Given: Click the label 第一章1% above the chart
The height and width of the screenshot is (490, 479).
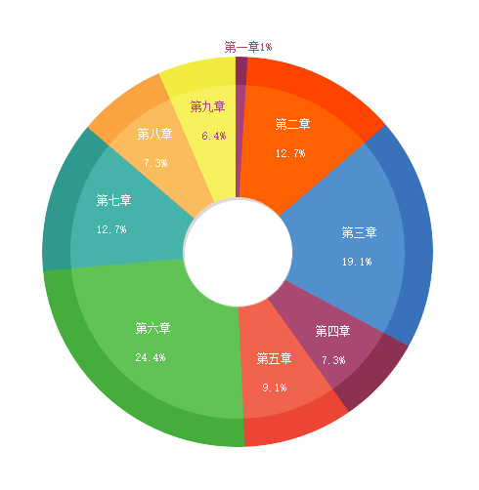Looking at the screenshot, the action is [248, 47].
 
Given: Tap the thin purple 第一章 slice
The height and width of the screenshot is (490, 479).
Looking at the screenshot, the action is [240, 127].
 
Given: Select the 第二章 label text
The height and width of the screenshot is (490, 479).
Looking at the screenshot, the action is [292, 124].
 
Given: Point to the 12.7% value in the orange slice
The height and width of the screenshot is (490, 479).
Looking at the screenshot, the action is [290, 153].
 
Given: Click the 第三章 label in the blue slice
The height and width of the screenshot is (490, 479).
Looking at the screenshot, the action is [359, 232].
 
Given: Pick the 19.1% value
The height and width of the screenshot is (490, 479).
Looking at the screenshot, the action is [357, 262].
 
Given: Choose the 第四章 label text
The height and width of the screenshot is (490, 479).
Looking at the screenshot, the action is [332, 331].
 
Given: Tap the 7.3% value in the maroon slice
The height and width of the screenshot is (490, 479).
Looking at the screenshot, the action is [333, 360].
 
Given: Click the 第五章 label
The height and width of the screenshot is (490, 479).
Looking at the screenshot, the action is [274, 358].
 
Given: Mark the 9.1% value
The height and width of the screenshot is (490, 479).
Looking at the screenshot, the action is [275, 388].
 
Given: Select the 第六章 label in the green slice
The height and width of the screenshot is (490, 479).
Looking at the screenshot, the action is [152, 328].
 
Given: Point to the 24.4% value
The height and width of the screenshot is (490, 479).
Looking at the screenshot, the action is [151, 357].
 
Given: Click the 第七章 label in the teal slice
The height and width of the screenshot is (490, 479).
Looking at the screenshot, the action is [113, 200].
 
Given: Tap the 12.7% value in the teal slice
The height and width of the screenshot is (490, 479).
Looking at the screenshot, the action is [111, 229].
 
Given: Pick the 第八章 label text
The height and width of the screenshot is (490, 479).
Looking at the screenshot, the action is [154, 134].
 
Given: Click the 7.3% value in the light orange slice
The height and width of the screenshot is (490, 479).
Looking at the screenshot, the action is [155, 163].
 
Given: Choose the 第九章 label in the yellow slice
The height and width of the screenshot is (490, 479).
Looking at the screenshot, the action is [207, 106].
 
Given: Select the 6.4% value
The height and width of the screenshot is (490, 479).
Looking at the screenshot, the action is [214, 136].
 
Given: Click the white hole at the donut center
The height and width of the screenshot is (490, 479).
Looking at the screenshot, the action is [238, 253].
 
